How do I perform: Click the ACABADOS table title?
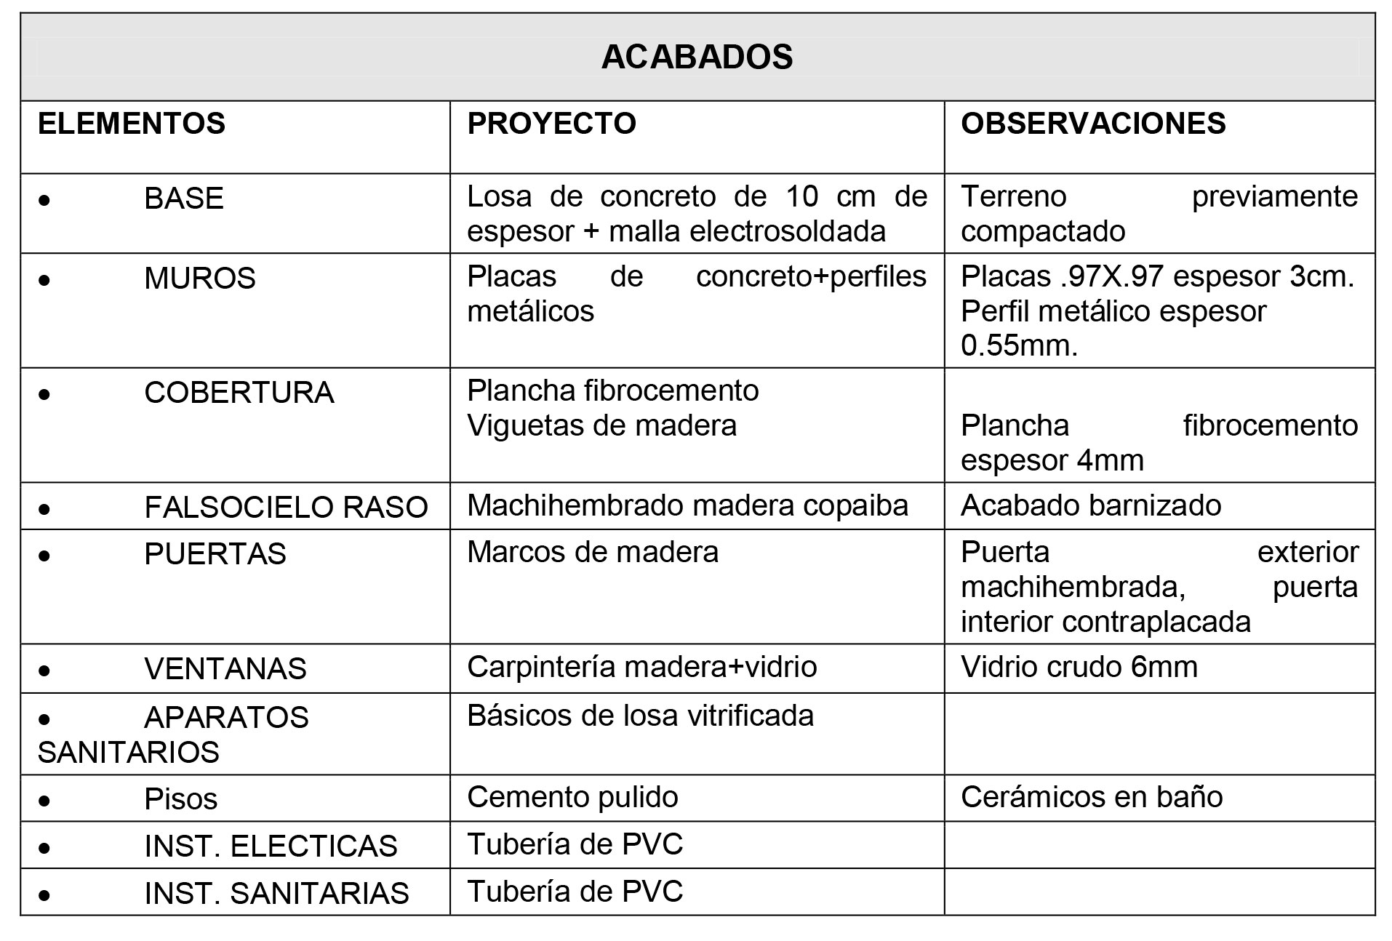point(696,57)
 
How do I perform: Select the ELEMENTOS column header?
point(132,124)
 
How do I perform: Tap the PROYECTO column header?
point(551,124)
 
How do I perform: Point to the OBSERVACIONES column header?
point(1092,124)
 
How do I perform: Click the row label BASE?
point(184,199)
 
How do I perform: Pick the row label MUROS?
point(200,279)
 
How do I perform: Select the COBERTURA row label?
point(239,393)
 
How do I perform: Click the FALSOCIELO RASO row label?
point(286,508)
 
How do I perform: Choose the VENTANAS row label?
point(225,669)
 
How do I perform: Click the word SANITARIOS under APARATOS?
point(129,752)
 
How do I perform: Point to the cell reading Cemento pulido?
point(572,797)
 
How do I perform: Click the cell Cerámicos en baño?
point(1091,797)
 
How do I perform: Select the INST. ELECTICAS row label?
point(271,846)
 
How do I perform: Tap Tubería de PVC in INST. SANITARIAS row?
point(575,892)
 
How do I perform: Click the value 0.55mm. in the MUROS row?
point(1018,345)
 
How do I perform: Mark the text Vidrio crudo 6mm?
point(1079,667)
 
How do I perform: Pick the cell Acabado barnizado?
point(1090,505)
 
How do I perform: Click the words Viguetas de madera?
point(601,425)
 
